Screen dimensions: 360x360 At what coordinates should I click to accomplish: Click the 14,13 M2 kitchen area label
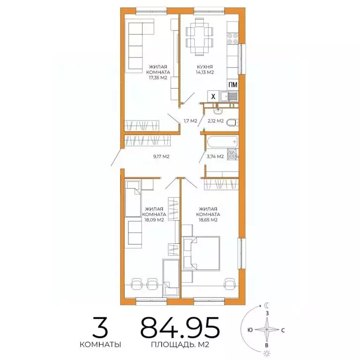click(x=205, y=72)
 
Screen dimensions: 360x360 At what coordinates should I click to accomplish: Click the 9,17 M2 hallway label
click(x=161, y=157)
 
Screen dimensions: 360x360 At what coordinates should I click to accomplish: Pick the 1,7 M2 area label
click(x=190, y=121)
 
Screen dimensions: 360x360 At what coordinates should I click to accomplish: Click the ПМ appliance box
click(x=232, y=85)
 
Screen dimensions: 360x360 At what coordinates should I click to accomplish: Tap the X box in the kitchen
click(x=213, y=97)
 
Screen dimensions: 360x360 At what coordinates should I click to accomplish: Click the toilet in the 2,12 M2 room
click(x=232, y=123)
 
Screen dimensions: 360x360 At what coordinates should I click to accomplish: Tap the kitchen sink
click(x=232, y=97)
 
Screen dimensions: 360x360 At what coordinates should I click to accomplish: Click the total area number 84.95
click(x=180, y=328)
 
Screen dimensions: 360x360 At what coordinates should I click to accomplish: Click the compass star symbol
click(x=267, y=330)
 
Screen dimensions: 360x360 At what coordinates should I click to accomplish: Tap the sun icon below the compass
click(x=267, y=353)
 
